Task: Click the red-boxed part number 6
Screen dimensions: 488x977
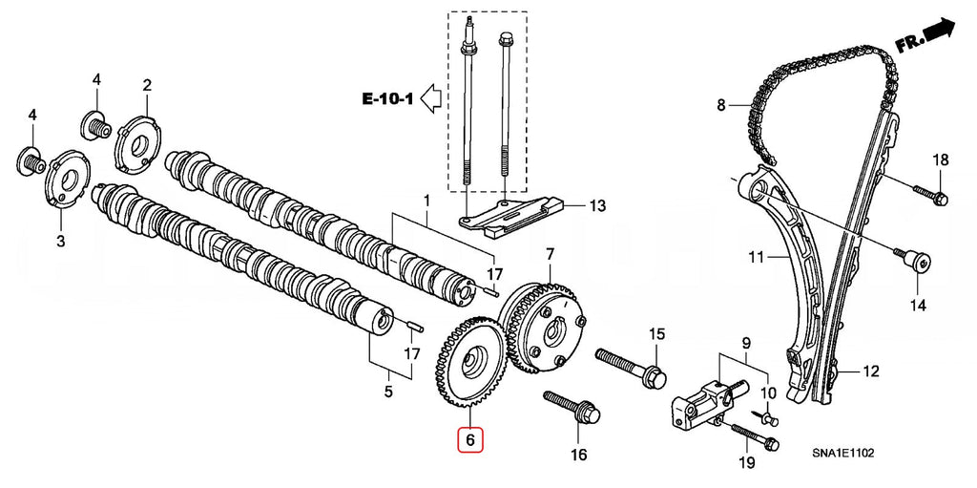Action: [469, 440]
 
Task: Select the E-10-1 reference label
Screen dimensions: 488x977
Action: [386, 97]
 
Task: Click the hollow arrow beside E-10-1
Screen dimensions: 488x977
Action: [430, 97]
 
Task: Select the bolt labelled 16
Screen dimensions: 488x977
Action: [572, 407]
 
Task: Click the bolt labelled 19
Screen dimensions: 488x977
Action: [756, 437]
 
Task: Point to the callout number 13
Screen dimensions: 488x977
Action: [597, 205]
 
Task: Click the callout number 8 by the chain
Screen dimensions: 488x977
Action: [721, 104]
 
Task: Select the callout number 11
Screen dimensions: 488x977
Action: [756, 257]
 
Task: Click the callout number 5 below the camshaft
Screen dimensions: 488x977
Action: [387, 391]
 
